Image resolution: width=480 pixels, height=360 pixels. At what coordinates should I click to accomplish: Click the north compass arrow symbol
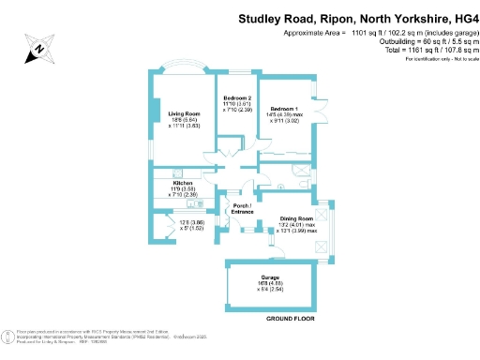(x=37, y=49)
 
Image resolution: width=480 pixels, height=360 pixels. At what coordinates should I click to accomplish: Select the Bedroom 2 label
(x=236, y=98)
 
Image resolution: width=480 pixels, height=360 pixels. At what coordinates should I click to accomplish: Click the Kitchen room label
(x=183, y=183)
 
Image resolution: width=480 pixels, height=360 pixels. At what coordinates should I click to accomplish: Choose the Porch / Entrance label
(x=243, y=208)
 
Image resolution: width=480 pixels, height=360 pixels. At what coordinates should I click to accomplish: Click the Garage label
(x=270, y=278)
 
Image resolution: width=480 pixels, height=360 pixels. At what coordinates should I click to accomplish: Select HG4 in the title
(x=460, y=17)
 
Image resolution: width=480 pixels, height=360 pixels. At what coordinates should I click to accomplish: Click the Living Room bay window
(x=184, y=67)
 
